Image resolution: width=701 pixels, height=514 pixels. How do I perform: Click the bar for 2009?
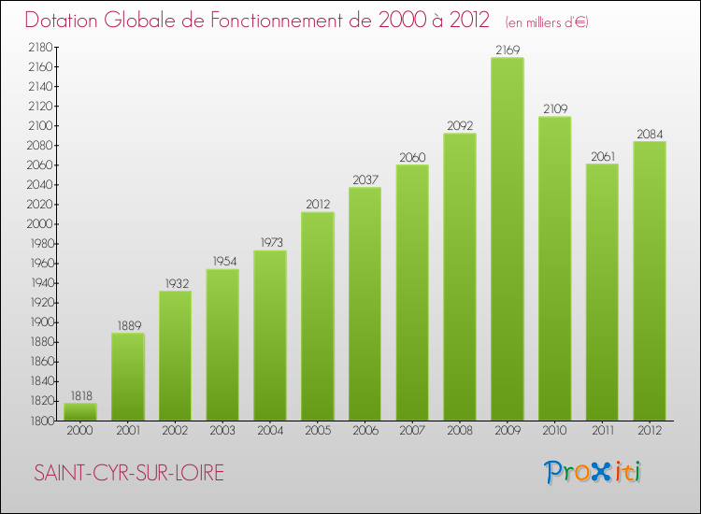pyautogui.click(x=508, y=239)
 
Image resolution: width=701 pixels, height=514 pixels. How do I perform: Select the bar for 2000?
pyautogui.click(x=80, y=411)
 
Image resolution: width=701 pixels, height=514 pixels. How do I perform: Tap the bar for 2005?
pyautogui.click(x=318, y=316)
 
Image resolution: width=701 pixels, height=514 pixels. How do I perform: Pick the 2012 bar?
pyautogui.click(x=650, y=280)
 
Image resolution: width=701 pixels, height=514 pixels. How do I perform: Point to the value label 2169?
pyautogui.click(x=508, y=50)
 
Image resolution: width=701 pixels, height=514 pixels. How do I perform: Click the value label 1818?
pyautogui.click(x=80, y=396)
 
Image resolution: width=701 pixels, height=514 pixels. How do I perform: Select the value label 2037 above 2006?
pyautogui.click(x=365, y=180)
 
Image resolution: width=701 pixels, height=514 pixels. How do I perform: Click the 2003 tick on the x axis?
pyautogui.click(x=222, y=432)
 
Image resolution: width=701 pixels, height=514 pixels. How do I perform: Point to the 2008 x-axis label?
pyautogui.click(x=460, y=432)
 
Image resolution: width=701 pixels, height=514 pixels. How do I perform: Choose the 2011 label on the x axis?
pyautogui.click(x=602, y=432)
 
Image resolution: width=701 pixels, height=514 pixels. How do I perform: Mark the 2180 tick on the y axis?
pyautogui.click(x=38, y=47)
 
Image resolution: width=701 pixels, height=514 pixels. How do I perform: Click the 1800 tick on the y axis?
pyautogui.click(x=38, y=421)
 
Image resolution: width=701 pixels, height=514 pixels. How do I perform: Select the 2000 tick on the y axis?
pyautogui.click(x=38, y=224)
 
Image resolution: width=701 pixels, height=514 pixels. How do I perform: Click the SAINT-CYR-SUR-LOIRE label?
pyautogui.click(x=129, y=473)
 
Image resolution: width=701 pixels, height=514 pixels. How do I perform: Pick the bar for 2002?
pyautogui.click(x=175, y=355)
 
